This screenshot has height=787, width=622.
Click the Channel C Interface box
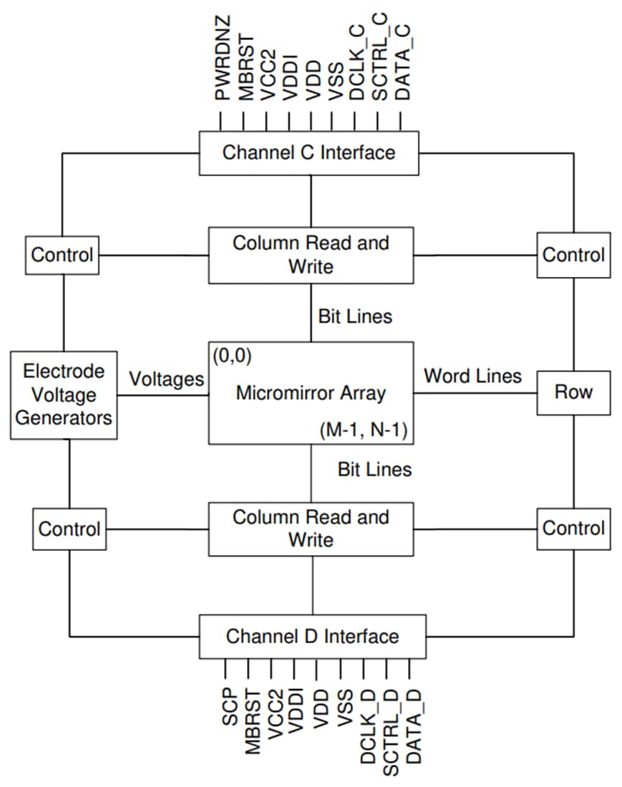pyautogui.click(x=308, y=153)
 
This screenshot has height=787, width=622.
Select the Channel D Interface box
pyautogui.click(x=312, y=636)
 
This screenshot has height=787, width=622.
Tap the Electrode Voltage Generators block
pyautogui.click(x=64, y=394)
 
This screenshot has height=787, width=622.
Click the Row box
pyautogui.click(x=574, y=392)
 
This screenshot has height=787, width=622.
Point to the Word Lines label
pyautogui.click(x=472, y=376)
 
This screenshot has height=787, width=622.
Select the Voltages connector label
pyautogui.click(x=166, y=379)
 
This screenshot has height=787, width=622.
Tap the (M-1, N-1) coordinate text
pyautogui.click(x=363, y=431)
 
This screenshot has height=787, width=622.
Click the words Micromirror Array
pyautogui.click(x=311, y=393)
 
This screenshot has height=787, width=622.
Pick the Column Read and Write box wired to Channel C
pyautogui.click(x=311, y=254)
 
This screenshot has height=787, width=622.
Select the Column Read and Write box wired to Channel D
pyautogui.click(x=311, y=528)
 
